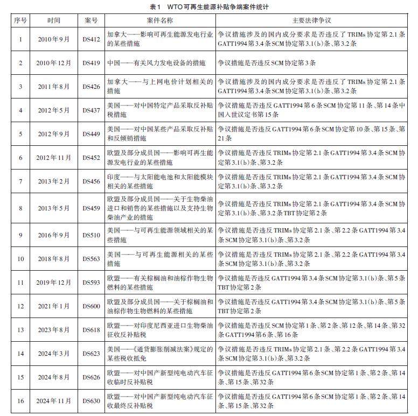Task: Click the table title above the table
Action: [x=209, y=7]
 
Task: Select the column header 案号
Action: [x=91, y=20]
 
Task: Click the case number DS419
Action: [x=91, y=63]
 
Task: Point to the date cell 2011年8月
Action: [x=54, y=87]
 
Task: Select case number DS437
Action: [x=91, y=110]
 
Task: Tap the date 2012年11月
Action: [x=54, y=158]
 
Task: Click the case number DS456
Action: [x=91, y=181]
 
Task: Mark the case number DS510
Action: [x=91, y=235]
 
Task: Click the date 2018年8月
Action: [x=54, y=259]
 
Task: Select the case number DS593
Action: [x=91, y=283]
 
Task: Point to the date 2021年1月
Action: [x=54, y=306]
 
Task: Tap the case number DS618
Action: [x=91, y=330]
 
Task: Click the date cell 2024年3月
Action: [x=54, y=354]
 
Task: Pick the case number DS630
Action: [x=91, y=401]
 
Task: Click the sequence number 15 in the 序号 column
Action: [x=20, y=377]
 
